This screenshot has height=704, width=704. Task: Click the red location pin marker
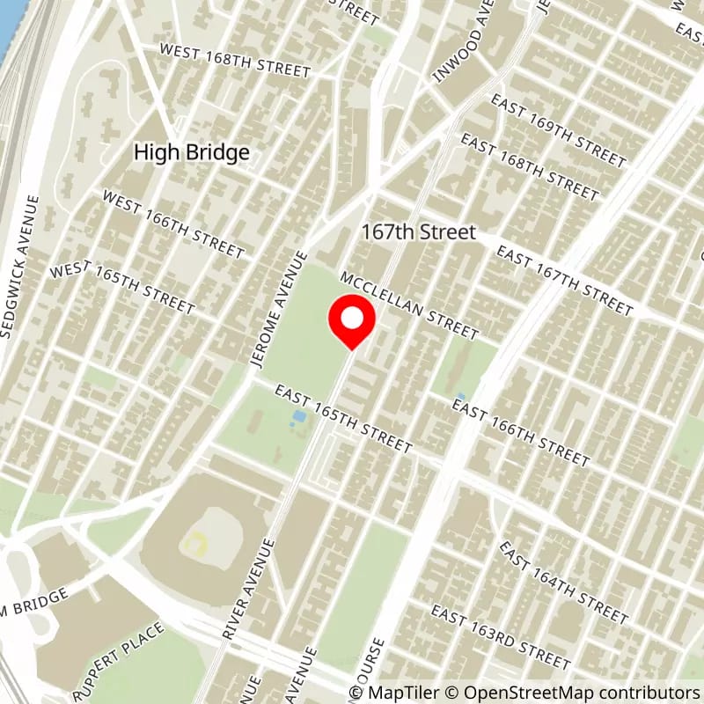[352, 322]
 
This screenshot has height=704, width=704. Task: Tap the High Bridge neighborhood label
[191, 152]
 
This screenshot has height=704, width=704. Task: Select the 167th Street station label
[419, 232]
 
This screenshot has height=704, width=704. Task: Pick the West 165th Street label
[122, 287]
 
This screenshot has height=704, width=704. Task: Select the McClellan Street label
[410, 304]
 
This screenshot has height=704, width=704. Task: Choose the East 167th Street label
[564, 281]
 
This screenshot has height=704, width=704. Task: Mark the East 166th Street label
[520, 431]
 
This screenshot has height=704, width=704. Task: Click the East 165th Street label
[343, 419]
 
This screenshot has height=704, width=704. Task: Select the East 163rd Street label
[500, 637]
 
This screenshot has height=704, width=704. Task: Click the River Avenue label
[249, 589]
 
